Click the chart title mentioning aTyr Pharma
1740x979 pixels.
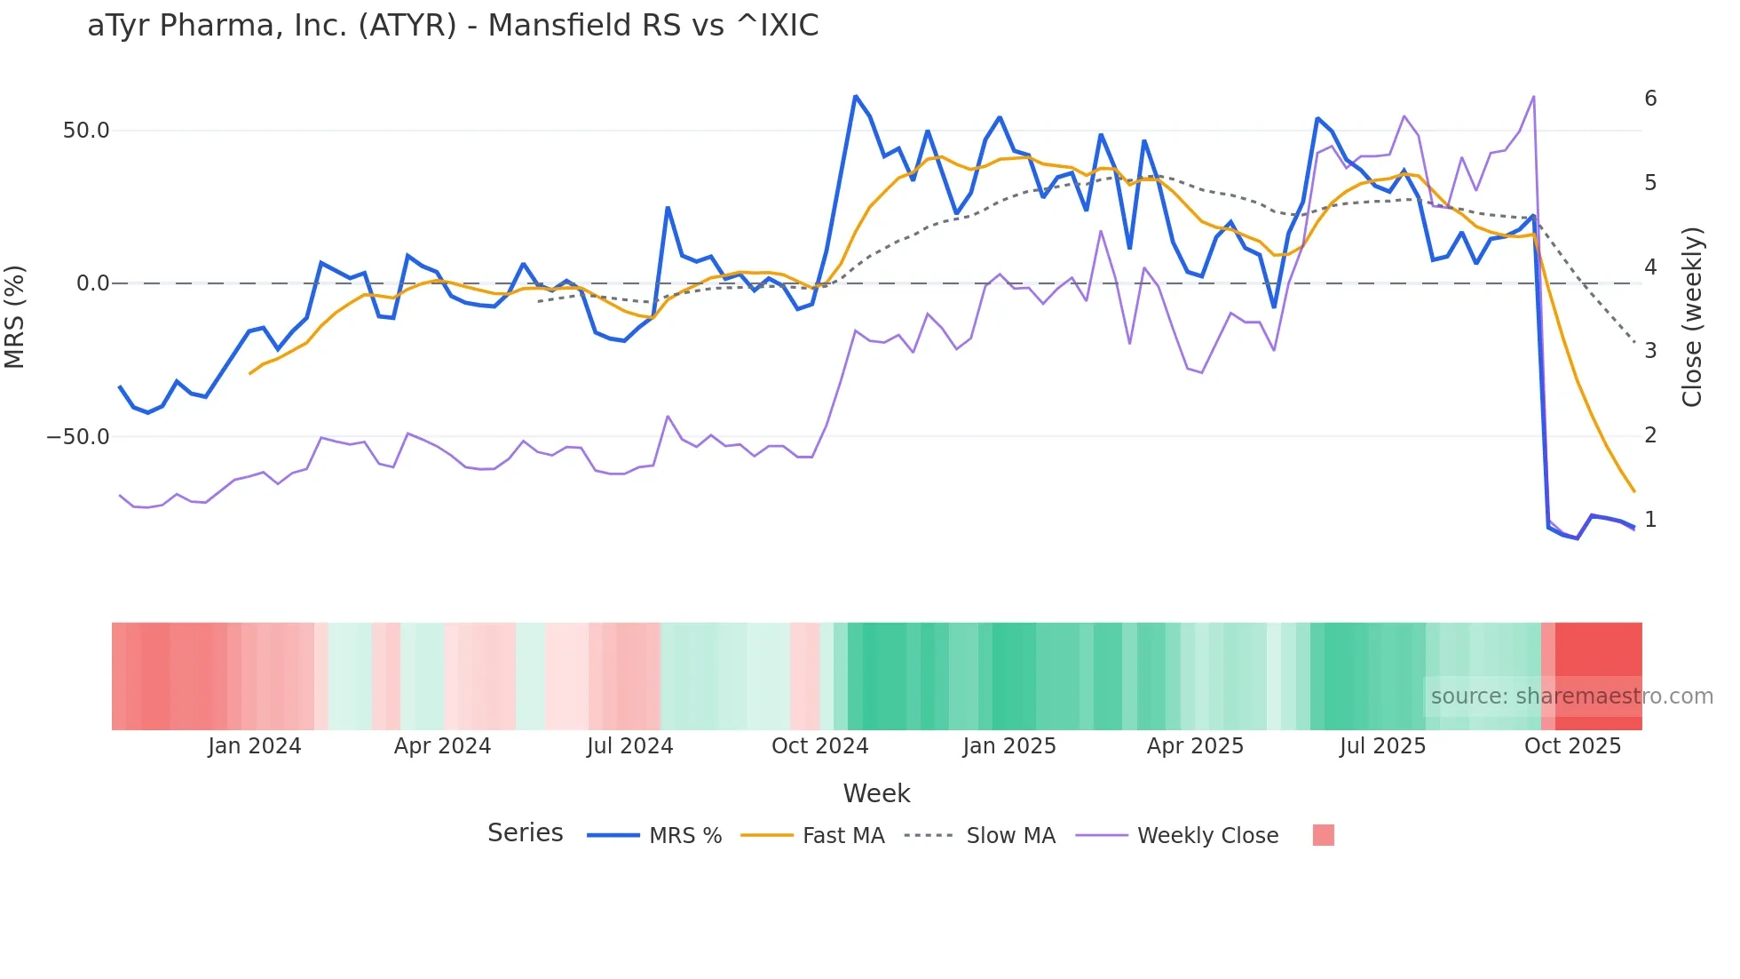pyautogui.click(x=453, y=26)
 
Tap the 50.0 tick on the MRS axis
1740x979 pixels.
pyautogui.click(x=86, y=131)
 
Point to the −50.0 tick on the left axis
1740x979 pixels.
pyautogui.click(x=78, y=437)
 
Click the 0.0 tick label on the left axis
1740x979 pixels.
pyautogui.click(x=93, y=283)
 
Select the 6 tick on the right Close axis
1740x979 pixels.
pyautogui.click(x=1650, y=99)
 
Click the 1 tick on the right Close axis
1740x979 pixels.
pyautogui.click(x=1650, y=520)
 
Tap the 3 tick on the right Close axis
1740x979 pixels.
pyautogui.click(x=1650, y=351)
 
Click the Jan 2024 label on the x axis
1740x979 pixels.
pyautogui.click(x=255, y=746)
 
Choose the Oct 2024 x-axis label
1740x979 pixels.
pyautogui.click(x=819, y=746)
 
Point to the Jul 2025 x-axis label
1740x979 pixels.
pyautogui.click(x=1382, y=746)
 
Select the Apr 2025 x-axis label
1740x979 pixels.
pyautogui.click(x=1195, y=746)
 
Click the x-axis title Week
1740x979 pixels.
pyautogui.click(x=876, y=793)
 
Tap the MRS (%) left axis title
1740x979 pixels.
pyautogui.click(x=15, y=316)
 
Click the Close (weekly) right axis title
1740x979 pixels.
pyautogui.click(x=1692, y=316)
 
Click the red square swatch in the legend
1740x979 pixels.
pyautogui.click(x=1323, y=835)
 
